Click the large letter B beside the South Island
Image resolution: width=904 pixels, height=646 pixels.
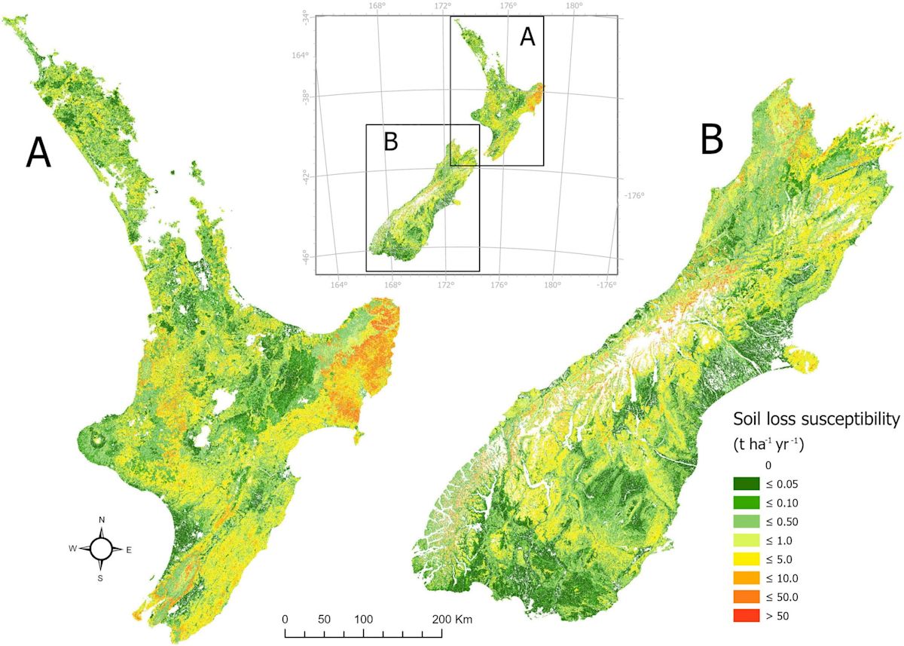click(712, 139)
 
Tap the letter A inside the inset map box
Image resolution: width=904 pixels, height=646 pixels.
click(527, 36)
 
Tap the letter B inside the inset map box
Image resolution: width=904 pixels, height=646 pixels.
click(390, 142)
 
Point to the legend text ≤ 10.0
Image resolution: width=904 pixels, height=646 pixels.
click(788, 579)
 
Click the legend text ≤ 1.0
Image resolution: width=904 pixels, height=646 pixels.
click(785, 541)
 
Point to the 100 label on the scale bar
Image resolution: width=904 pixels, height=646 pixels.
click(364, 619)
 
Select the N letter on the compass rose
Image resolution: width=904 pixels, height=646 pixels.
click(102, 520)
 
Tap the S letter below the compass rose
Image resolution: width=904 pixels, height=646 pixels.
click(102, 578)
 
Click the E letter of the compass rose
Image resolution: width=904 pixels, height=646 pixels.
click(129, 550)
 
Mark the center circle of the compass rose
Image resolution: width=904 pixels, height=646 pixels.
click(102, 550)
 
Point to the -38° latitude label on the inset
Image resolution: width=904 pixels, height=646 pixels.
click(306, 96)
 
